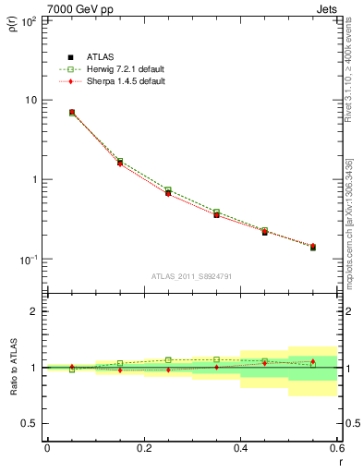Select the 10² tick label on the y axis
[x=30, y=19]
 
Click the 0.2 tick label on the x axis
[x=143, y=448]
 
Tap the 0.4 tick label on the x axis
[x=240, y=448]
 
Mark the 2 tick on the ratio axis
[x=35, y=311]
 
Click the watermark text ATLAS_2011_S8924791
[x=191, y=275]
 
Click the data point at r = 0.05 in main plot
[x=72, y=113]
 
